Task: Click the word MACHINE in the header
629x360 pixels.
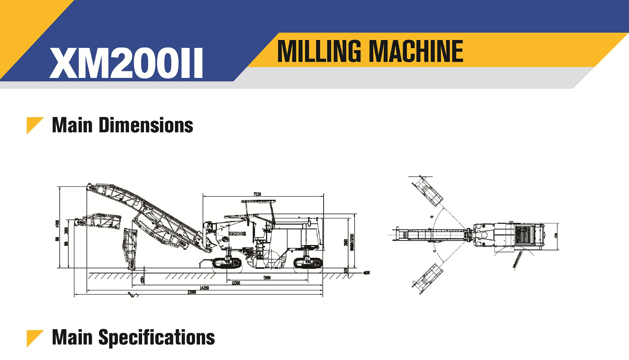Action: coord(416,51)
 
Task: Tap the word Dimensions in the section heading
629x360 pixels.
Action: coord(146,125)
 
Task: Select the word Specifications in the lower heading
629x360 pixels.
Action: coord(157,337)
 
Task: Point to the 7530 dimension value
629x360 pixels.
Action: coord(257,194)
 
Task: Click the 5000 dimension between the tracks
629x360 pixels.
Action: coord(267,277)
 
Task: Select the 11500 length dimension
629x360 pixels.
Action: coord(236,283)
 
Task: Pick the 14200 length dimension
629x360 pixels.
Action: coord(204,288)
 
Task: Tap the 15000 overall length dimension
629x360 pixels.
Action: coord(192,292)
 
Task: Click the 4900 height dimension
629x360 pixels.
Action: coord(57,224)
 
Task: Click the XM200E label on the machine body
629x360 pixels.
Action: coord(237,234)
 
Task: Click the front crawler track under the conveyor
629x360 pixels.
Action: coord(227,263)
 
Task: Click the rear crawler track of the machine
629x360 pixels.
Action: coord(308,263)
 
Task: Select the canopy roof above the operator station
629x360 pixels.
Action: coord(258,201)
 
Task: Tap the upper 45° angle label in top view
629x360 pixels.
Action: coord(432,217)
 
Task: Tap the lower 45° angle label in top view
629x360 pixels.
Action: coord(435,251)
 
